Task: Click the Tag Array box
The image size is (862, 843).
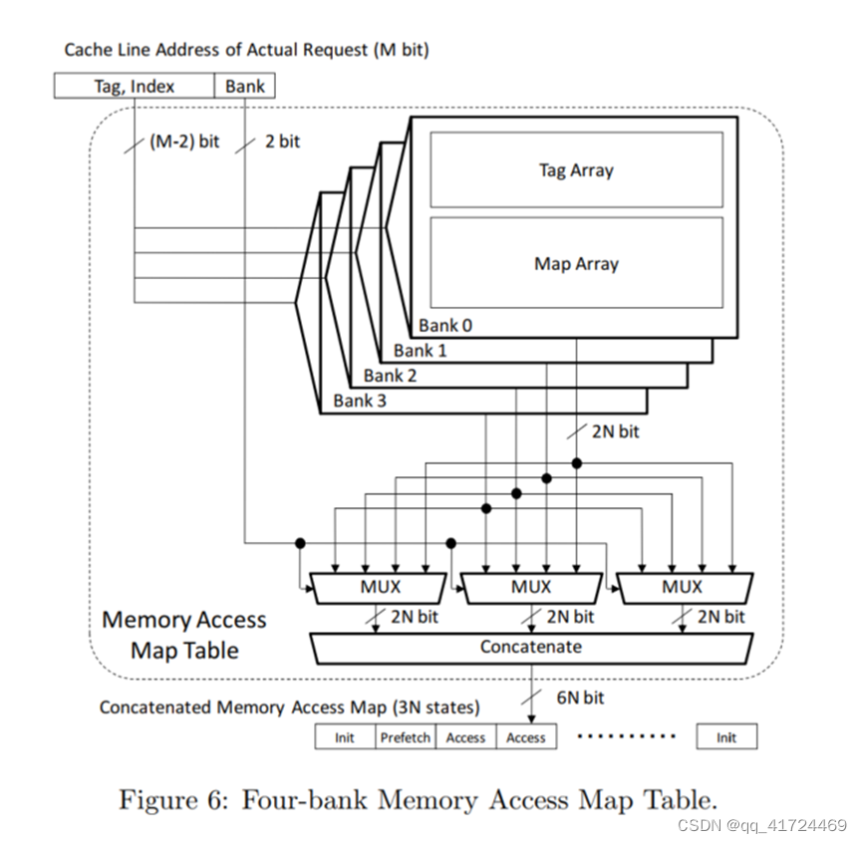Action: pos(576,169)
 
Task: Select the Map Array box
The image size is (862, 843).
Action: pos(576,264)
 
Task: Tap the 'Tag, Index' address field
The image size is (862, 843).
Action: pos(135,87)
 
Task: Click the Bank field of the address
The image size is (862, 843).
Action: pos(245,87)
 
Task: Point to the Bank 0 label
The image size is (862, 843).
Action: pos(445,326)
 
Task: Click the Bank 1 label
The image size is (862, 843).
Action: pos(420,351)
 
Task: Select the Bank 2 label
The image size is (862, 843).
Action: pos(390,376)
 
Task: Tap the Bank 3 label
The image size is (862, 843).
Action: pos(360,401)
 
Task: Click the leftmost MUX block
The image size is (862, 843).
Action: pos(380,587)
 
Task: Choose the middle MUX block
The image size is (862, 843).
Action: pos(530,587)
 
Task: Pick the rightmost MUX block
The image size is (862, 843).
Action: pos(683,587)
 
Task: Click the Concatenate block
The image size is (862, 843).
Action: pos(530,647)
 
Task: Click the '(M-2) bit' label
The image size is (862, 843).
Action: pos(184,141)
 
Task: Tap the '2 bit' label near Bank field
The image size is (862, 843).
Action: pos(281,141)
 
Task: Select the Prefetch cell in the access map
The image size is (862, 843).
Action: pos(406,737)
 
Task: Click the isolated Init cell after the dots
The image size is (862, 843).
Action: pos(726,737)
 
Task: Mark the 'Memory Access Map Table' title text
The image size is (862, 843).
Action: pos(184,635)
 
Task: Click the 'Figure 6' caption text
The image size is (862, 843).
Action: pos(417,799)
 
